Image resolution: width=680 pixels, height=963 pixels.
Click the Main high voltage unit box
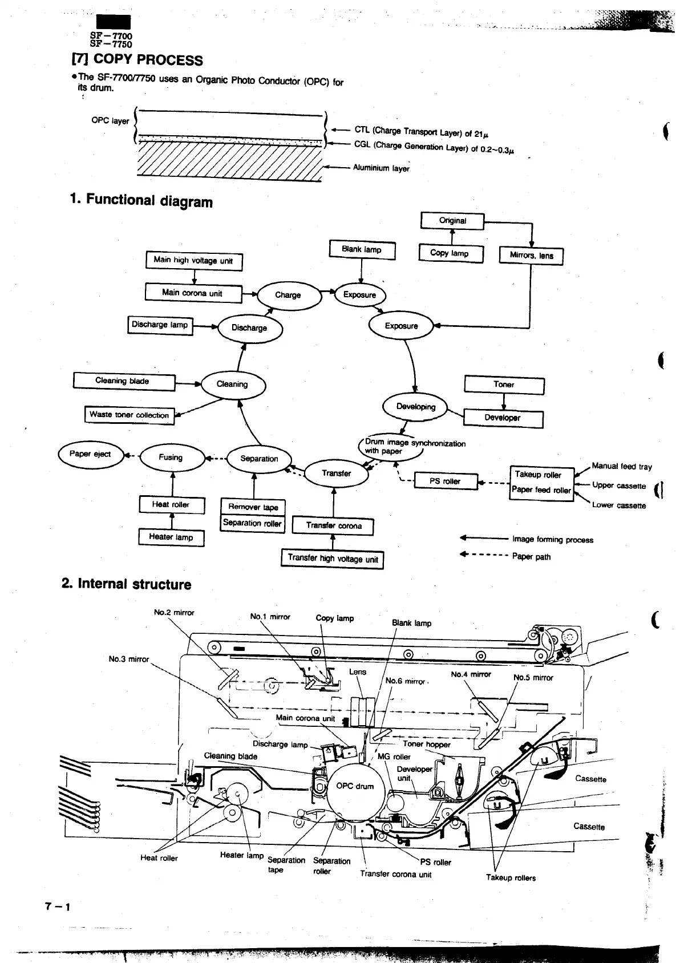coord(194,261)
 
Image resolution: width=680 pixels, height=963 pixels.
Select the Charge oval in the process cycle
coord(288,295)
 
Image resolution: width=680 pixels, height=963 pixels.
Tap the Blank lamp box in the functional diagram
coord(362,250)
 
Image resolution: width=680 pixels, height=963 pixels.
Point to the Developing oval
coord(416,407)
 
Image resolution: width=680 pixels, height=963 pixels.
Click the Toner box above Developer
coord(504,385)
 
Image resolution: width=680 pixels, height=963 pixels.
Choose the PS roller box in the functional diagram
coord(445,481)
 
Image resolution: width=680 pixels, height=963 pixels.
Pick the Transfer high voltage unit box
coord(333,559)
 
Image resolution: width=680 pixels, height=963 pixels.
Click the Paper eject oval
coord(90,454)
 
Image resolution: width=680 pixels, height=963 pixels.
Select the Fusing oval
coord(171,458)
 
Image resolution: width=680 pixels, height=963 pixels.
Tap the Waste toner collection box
coord(129,415)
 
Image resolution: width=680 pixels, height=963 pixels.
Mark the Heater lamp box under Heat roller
coord(171,537)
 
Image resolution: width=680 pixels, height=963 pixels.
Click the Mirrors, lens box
coord(531,256)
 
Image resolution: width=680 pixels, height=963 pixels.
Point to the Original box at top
coord(452,221)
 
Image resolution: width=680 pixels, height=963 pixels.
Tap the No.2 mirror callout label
coord(174,613)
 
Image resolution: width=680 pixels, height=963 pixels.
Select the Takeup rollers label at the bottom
coord(511,878)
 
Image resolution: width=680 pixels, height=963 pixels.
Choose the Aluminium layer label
coord(381,168)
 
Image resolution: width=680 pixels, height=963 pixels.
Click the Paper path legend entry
coord(531,557)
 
